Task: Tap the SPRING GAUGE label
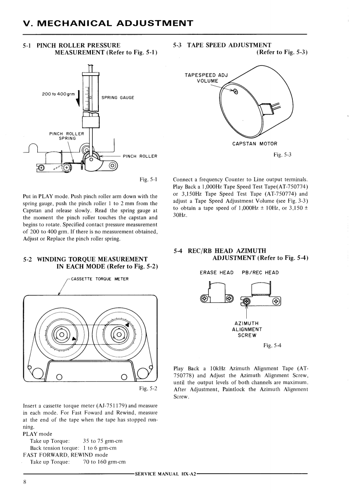point(118,98)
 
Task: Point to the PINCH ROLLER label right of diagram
point(140,156)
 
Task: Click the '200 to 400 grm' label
point(58,95)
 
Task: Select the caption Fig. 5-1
point(148,179)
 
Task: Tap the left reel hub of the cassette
point(62,335)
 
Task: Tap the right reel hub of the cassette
point(118,335)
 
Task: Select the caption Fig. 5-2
point(148,388)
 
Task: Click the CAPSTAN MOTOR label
point(254,143)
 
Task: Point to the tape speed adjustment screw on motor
point(236,92)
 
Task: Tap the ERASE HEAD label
point(216,272)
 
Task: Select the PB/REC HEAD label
point(260,272)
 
